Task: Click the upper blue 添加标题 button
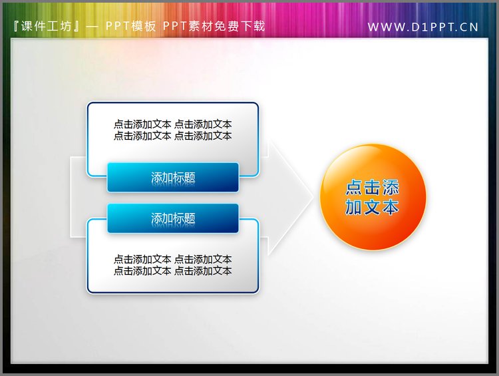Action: click(x=173, y=178)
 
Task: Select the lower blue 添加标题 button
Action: click(x=173, y=218)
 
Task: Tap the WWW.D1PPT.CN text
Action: click(x=422, y=27)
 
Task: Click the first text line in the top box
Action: click(x=172, y=124)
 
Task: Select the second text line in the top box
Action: click(x=172, y=136)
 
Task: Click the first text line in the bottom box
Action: click(x=172, y=260)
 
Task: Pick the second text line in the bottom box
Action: click(x=172, y=271)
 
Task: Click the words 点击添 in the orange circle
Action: click(x=373, y=188)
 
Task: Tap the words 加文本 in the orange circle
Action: click(x=373, y=208)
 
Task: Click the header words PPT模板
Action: click(x=131, y=27)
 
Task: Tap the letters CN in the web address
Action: click(x=468, y=27)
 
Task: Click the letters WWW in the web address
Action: click(x=383, y=27)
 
